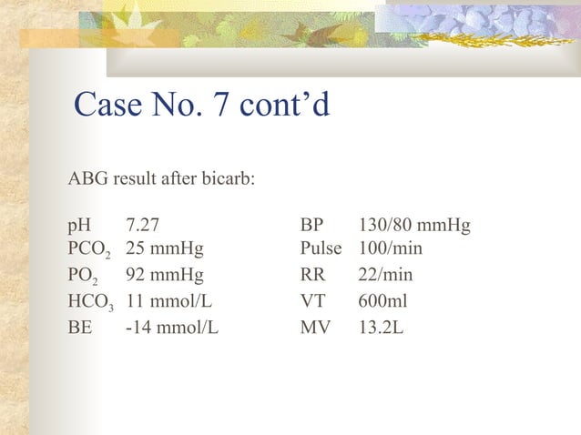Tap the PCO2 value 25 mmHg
point(165,248)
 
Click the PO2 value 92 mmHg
point(165,275)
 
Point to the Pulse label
point(321,248)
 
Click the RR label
point(312,275)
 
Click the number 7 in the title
point(220,105)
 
